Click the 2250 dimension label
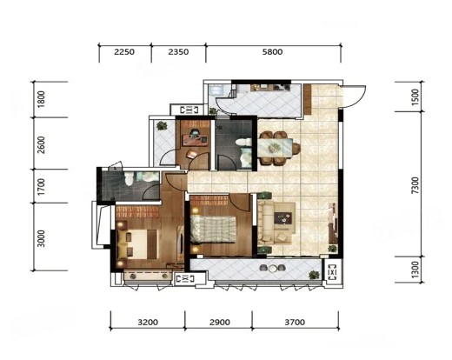124,52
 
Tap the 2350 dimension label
178,52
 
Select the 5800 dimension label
272,52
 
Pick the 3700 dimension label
295,322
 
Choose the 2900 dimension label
220,322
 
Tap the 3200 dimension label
148,322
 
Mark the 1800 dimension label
42,99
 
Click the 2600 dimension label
42,145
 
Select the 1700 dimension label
42,187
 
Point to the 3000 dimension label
42,238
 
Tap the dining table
276,148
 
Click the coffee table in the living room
282,217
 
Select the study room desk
195,139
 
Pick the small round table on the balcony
273,269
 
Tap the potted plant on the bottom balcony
314,275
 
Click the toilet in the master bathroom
129,177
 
